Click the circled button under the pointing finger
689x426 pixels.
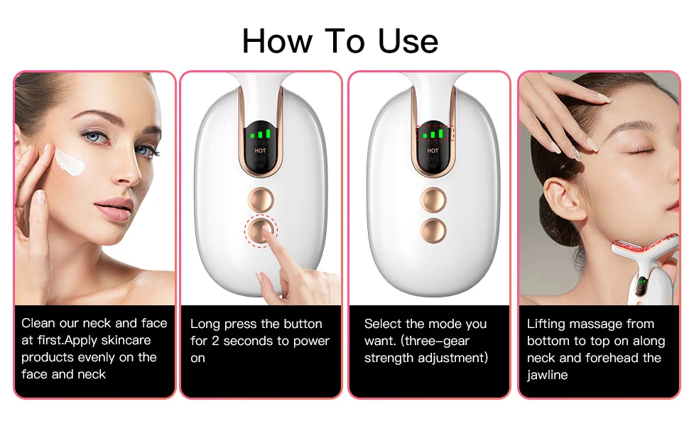tap(261, 229)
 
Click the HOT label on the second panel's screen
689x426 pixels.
tap(261, 151)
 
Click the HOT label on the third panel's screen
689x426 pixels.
tap(433, 151)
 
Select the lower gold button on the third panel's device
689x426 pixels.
tap(433, 229)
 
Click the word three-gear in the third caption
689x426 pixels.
tap(438, 341)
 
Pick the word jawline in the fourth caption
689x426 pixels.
tap(547, 375)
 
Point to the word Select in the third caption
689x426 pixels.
tap(384, 324)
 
